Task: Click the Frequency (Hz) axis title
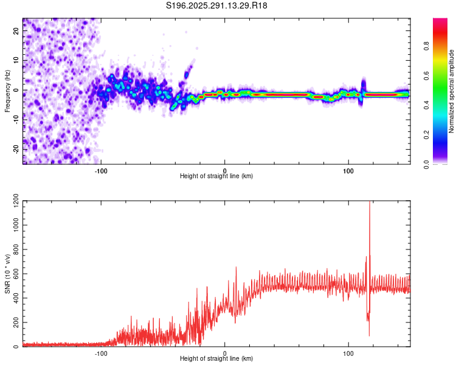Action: pos(7,91)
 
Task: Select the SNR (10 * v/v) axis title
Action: pos(7,274)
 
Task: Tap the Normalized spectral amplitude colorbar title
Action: pos(452,91)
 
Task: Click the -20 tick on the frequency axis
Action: pos(15,149)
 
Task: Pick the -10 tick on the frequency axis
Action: pos(15,120)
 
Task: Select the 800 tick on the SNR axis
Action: pos(14,249)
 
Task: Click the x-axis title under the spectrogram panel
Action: pos(216,176)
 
